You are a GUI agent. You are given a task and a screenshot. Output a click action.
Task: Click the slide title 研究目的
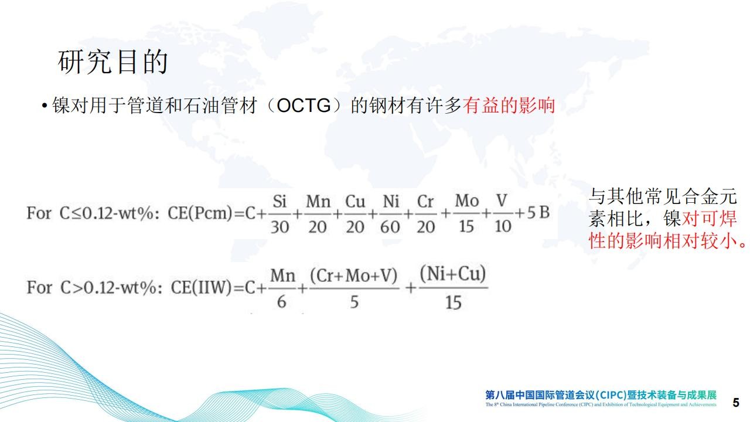coord(112,62)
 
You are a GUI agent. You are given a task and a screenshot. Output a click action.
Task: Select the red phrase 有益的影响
coord(509,105)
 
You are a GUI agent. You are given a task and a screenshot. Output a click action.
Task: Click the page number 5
coord(736,402)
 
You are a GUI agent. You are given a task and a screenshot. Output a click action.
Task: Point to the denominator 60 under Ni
coord(390,227)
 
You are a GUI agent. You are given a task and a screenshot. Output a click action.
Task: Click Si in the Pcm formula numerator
coord(279,201)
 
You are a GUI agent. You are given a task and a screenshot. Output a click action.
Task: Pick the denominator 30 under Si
coord(279,227)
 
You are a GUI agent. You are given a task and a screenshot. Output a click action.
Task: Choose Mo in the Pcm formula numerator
coord(467,201)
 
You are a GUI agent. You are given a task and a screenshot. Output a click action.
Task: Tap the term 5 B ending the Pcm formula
coord(538,212)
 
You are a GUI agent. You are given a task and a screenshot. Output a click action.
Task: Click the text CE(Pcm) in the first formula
coord(200,213)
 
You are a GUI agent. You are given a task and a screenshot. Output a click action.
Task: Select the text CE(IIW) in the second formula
coord(201,287)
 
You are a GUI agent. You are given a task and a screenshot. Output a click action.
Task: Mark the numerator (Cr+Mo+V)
coord(353,275)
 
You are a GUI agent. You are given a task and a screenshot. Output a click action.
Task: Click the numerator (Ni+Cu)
coord(453,274)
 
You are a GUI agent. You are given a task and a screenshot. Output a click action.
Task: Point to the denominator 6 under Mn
coord(282,302)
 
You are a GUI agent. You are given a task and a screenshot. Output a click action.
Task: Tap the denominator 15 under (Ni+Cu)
coord(454,302)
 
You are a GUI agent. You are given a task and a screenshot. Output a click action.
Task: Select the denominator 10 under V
coord(503,226)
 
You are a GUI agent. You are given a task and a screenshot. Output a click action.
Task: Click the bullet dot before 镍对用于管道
coord(44,106)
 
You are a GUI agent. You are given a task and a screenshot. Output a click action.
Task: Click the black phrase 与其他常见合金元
coord(663,196)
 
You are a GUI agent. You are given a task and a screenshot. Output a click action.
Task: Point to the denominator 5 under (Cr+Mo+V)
coord(354,302)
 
